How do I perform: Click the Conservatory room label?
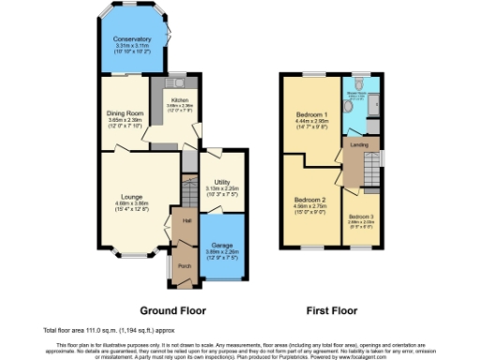coord(132,38)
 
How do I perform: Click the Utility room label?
coord(221,182)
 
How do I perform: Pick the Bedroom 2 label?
coord(309,199)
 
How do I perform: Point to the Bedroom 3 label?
coord(360,217)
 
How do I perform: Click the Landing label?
coord(358,145)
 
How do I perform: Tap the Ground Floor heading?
coord(172,309)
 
